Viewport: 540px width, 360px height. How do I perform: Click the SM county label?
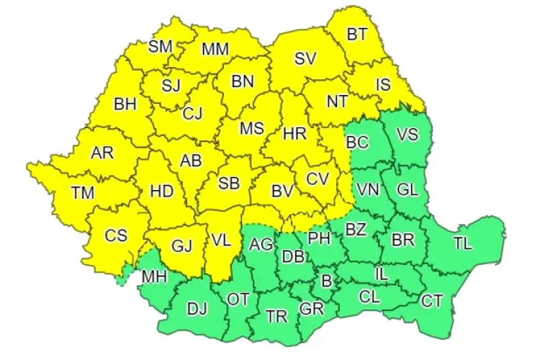point(161,47)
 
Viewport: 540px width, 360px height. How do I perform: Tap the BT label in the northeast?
point(357,34)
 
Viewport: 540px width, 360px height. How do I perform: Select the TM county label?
point(82,192)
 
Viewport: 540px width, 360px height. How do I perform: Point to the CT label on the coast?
point(431,302)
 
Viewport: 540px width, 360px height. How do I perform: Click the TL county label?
point(462,243)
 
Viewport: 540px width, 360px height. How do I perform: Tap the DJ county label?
point(197,310)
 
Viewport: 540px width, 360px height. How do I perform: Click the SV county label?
point(307,59)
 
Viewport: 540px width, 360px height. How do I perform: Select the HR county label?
point(294,133)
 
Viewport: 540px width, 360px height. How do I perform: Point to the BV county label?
point(282,192)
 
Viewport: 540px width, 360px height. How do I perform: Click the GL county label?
point(407,190)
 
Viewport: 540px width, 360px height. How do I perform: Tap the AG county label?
point(260,245)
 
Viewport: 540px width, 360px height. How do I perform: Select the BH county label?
point(125,104)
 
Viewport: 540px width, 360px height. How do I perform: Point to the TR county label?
point(276,316)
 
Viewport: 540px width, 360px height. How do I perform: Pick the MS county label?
point(251,128)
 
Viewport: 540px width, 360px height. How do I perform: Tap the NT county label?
point(337,102)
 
